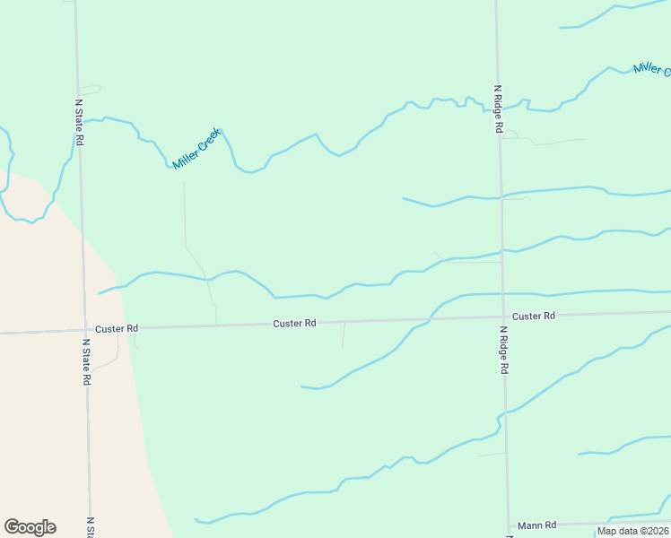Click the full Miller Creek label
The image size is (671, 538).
[196, 149]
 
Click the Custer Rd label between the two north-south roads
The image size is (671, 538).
[295, 323]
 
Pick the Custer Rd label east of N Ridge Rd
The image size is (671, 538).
[534, 316]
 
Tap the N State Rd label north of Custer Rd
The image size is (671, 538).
[78, 122]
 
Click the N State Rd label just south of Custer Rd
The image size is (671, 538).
[86, 361]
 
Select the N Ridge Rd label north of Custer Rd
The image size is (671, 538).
[498, 109]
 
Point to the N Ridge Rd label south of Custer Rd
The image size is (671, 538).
[504, 350]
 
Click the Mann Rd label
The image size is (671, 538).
[537, 525]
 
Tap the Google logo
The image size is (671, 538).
[30, 527]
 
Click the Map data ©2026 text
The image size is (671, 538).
[632, 531]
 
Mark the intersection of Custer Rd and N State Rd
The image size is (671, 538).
[83, 329]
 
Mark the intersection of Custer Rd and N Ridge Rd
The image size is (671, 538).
[502, 317]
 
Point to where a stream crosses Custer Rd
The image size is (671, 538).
[431, 318]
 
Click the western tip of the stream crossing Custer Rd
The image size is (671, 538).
[301, 386]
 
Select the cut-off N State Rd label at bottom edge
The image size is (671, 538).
[90, 529]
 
